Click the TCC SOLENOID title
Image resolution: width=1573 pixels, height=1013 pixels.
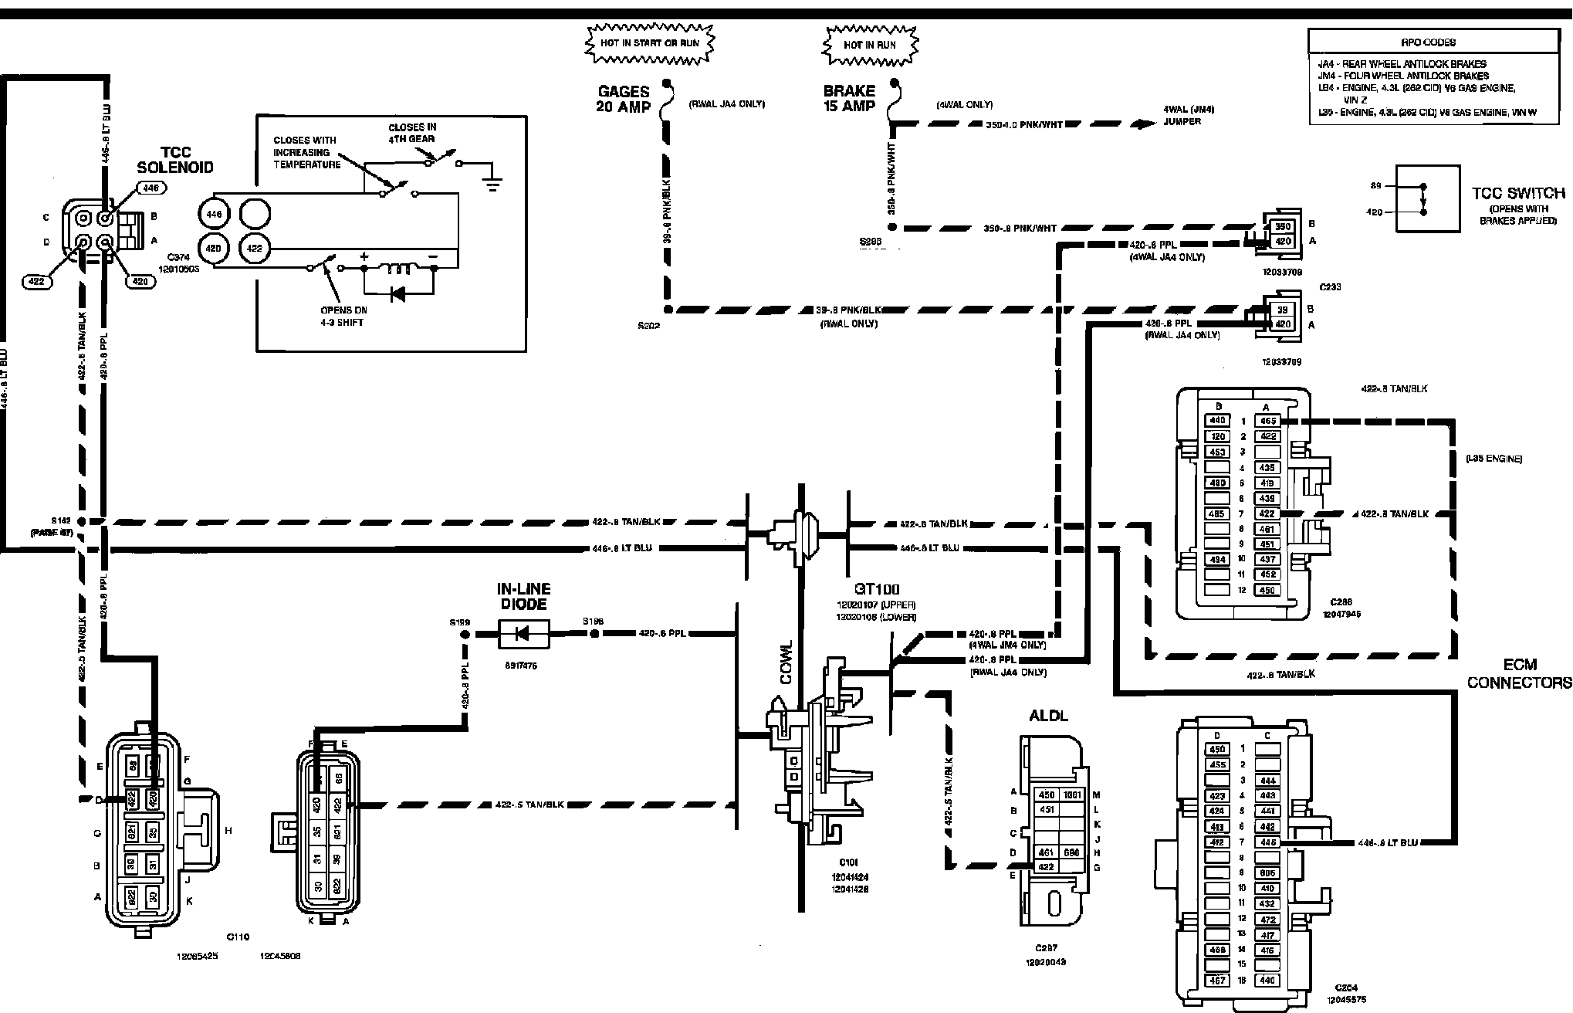coord(174,160)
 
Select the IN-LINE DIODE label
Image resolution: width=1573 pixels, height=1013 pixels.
coord(523,597)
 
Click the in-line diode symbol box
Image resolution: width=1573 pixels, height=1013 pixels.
coord(523,634)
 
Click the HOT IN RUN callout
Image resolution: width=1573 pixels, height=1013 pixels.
coord(870,45)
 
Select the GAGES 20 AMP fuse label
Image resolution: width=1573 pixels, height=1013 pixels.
coord(623,99)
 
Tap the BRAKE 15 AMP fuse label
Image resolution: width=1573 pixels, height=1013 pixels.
coord(849,99)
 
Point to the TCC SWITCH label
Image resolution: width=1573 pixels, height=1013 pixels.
coord(1518,193)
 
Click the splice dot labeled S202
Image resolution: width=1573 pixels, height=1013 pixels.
coord(668,310)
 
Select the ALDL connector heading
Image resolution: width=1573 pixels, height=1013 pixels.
coord(1049,715)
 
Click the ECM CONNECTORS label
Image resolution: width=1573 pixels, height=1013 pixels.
coord(1519,673)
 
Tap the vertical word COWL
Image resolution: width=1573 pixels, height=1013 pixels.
coord(786,662)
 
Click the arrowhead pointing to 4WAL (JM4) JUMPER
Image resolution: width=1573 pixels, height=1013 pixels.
coord(1141,124)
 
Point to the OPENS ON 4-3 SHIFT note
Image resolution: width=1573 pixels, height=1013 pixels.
coord(344,316)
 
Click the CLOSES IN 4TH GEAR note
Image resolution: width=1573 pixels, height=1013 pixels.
coord(412,133)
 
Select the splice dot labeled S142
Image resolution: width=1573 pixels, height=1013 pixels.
coord(82,521)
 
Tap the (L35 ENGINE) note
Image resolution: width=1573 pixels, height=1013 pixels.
coord(1494,459)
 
